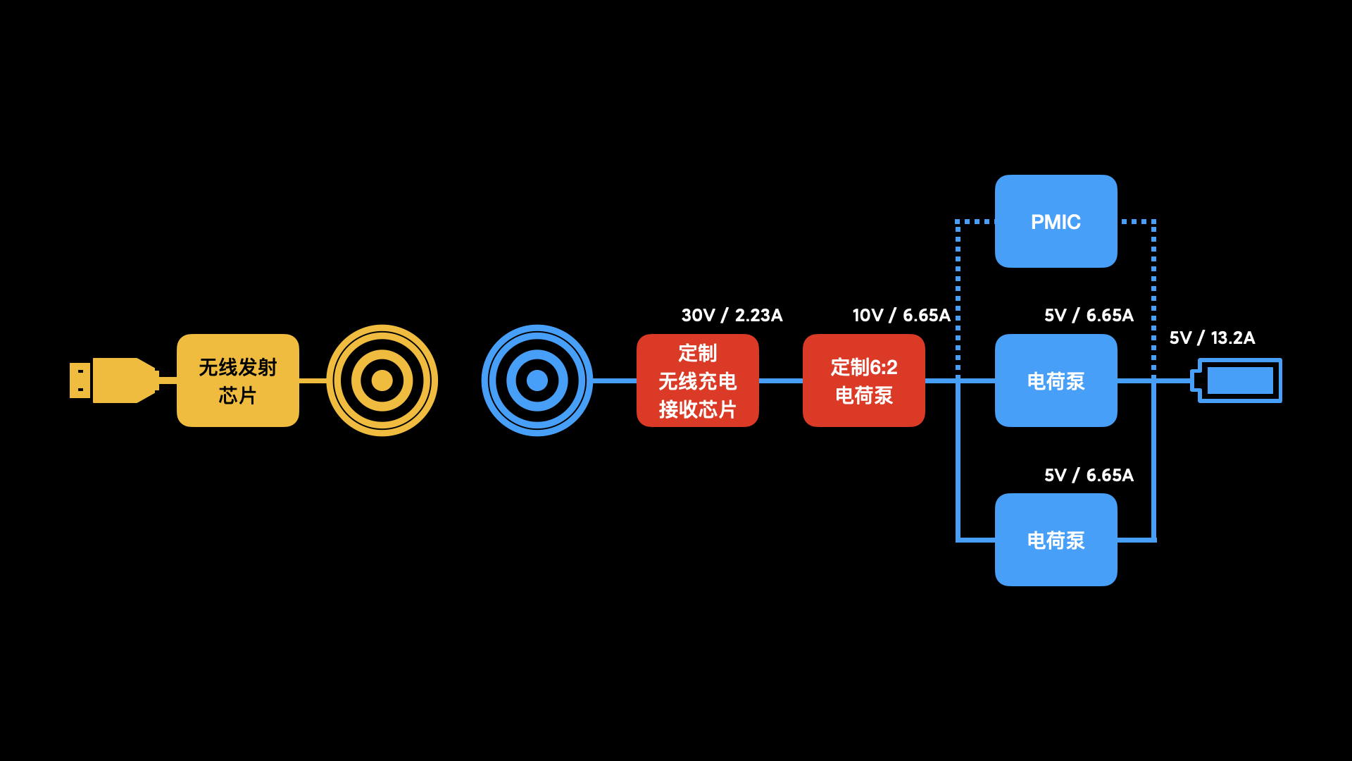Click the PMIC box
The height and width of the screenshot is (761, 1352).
click(1056, 221)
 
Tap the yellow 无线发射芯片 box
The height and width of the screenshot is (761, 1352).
click(238, 380)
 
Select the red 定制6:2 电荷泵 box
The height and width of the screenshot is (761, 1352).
click(863, 380)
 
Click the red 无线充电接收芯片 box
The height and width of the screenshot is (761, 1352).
click(697, 380)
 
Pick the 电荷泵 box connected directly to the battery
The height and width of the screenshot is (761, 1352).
click(1056, 380)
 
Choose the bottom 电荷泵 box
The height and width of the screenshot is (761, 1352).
click(1056, 540)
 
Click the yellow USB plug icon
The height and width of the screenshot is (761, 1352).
click(114, 380)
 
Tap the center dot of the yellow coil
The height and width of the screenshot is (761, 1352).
click(382, 380)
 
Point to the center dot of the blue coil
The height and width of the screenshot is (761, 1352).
click(537, 380)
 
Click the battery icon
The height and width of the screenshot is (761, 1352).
click(1239, 380)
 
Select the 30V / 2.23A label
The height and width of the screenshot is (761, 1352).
click(732, 315)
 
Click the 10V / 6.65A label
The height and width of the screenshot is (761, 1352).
click(901, 315)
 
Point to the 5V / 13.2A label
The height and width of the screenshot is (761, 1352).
click(1212, 338)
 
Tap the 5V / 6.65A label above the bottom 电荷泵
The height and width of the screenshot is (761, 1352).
click(1089, 475)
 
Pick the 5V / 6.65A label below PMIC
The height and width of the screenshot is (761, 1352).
click(1089, 315)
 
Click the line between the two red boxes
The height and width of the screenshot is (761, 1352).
click(781, 380)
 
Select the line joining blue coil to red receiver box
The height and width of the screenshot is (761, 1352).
click(615, 380)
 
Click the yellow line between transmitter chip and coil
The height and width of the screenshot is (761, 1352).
click(313, 380)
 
